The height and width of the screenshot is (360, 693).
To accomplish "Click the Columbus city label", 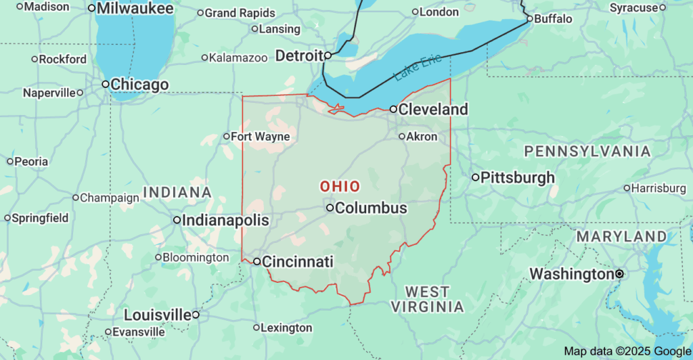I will click(371, 208).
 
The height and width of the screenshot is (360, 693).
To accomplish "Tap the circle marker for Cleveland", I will click(393, 109).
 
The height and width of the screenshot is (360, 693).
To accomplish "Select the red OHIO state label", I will click(340, 186).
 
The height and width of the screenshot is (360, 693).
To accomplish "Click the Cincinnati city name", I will click(297, 261).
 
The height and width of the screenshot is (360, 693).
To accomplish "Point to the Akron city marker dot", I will click(402, 137).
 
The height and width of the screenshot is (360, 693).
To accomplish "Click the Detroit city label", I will click(298, 55).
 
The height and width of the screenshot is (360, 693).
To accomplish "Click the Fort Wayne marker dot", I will click(227, 137).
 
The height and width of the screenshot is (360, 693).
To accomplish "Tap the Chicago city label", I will click(139, 85).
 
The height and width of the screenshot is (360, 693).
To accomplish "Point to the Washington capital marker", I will click(619, 274).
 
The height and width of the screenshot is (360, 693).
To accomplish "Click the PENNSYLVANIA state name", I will click(587, 151).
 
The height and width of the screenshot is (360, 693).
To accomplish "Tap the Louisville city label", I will click(158, 315).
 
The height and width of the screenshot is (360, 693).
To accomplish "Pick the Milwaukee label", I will click(135, 9).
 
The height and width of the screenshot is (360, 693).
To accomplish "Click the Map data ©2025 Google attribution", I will click(626, 351).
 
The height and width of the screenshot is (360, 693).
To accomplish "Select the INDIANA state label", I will click(177, 192).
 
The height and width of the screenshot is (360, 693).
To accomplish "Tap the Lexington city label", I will click(287, 328).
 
